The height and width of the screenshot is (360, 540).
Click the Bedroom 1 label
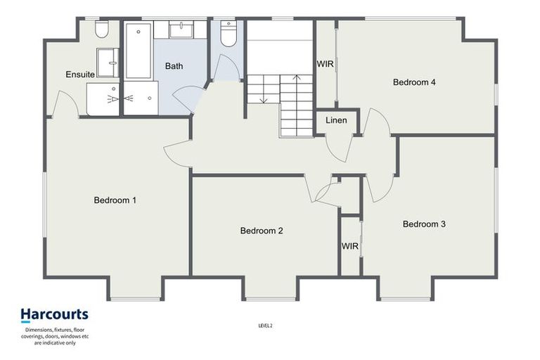(x=115, y=200)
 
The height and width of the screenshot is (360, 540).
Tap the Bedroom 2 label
(x=261, y=231)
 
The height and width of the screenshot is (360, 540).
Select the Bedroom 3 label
(x=424, y=224)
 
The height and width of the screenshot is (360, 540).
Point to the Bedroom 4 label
(x=414, y=82)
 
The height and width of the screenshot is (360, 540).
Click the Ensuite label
(x=80, y=75)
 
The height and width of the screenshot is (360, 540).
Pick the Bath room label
(x=174, y=66)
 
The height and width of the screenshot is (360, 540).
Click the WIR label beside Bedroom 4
(x=326, y=63)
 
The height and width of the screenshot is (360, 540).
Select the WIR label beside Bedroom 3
(x=350, y=247)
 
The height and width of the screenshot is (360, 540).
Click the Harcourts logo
(x=54, y=314)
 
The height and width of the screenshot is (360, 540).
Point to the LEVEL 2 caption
(x=265, y=326)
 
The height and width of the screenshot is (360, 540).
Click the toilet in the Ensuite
(x=101, y=30)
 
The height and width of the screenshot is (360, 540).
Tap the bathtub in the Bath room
(x=139, y=51)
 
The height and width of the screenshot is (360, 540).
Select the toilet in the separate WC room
(x=228, y=34)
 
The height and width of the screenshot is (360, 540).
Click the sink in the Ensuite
(x=108, y=62)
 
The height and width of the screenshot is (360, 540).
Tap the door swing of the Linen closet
(x=339, y=146)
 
